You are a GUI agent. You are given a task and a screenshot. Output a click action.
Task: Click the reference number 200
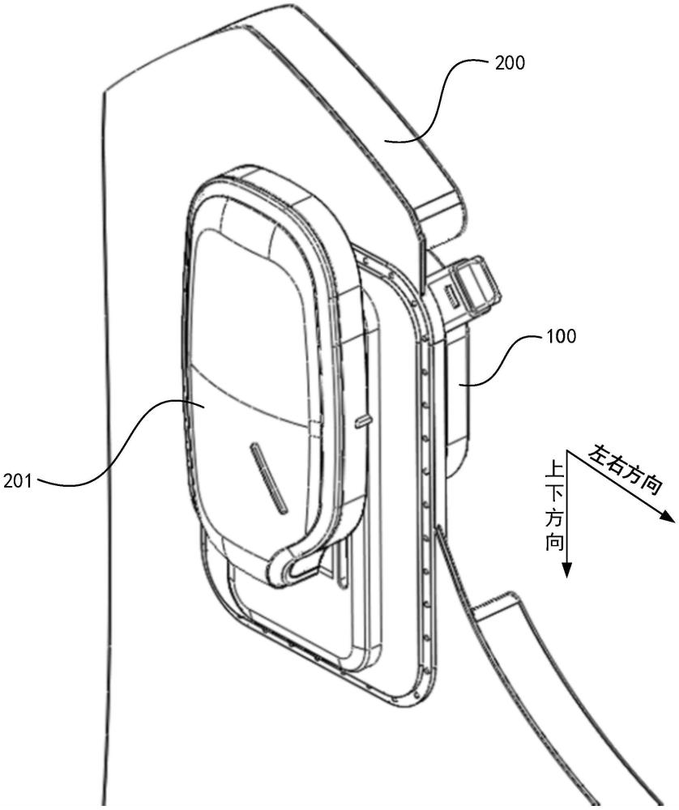(510, 63)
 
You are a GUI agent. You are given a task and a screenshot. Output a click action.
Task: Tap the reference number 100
(561, 336)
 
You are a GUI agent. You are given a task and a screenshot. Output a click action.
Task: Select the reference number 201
(17, 481)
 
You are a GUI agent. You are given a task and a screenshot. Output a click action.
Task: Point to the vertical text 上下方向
(555, 507)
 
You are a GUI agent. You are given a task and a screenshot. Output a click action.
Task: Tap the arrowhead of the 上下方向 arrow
(567, 569)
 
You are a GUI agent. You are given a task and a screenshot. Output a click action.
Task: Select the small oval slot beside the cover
(363, 421)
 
